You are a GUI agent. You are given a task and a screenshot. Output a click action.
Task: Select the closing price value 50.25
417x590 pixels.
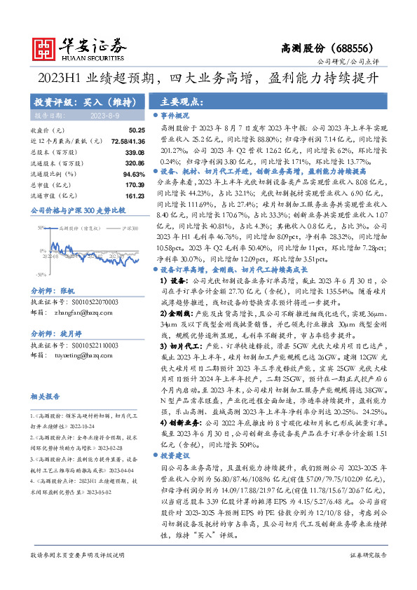pyautogui.click(x=136, y=130)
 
